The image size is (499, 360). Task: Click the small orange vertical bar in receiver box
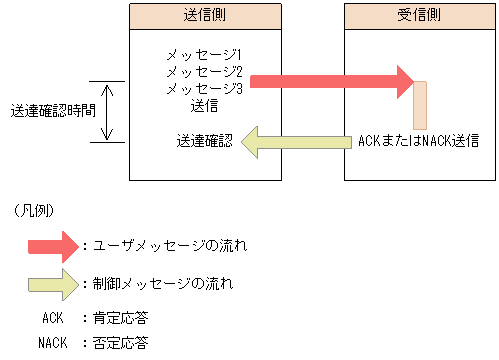420,104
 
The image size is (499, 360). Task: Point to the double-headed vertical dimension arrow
110,111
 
